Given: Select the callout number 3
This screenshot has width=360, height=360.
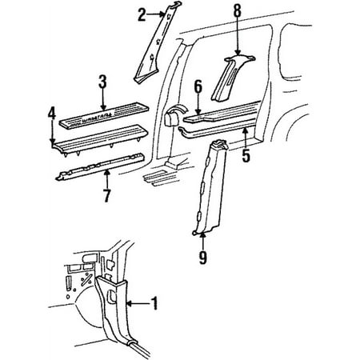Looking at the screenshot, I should (x=103, y=81).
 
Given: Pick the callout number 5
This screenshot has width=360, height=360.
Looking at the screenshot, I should (x=246, y=156).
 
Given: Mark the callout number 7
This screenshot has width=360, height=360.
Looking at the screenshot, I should (x=107, y=194).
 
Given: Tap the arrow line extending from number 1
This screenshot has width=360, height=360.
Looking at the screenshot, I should (x=138, y=304).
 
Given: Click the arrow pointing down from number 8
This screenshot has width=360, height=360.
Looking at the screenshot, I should (x=236, y=36).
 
